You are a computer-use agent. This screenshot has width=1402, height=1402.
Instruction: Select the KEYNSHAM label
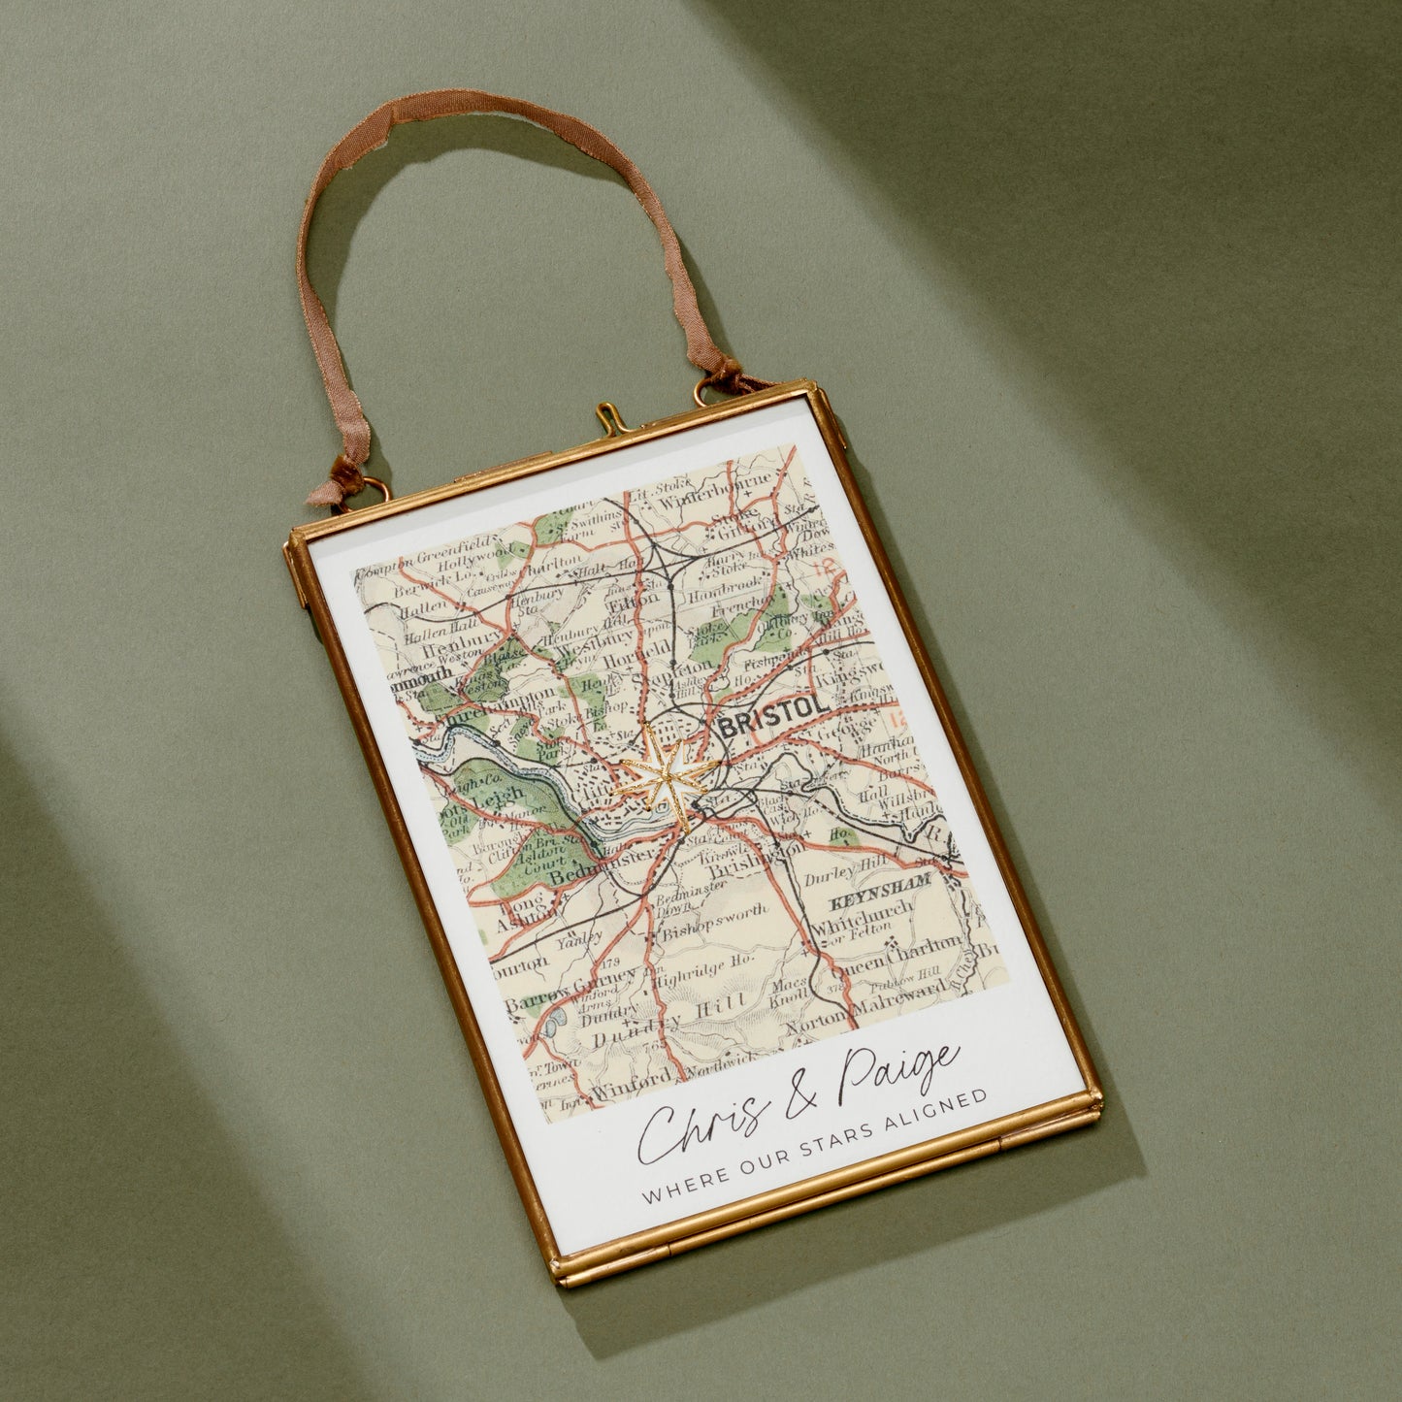879,889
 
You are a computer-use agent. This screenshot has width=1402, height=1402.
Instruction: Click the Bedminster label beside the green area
585,865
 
